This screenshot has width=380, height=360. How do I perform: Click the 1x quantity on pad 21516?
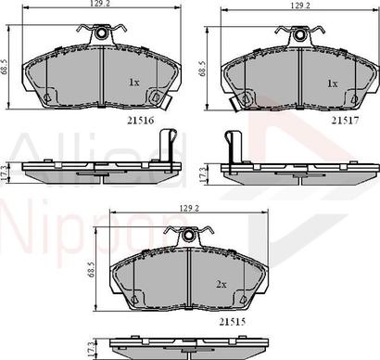pyautogui.click(x=133, y=82)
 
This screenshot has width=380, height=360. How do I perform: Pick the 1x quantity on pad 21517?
pyautogui.click(x=332, y=82)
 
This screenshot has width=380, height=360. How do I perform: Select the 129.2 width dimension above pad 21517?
pyautogui.click(x=298, y=6)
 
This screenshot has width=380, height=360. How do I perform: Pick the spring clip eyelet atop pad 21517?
pyautogui.click(x=299, y=34)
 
